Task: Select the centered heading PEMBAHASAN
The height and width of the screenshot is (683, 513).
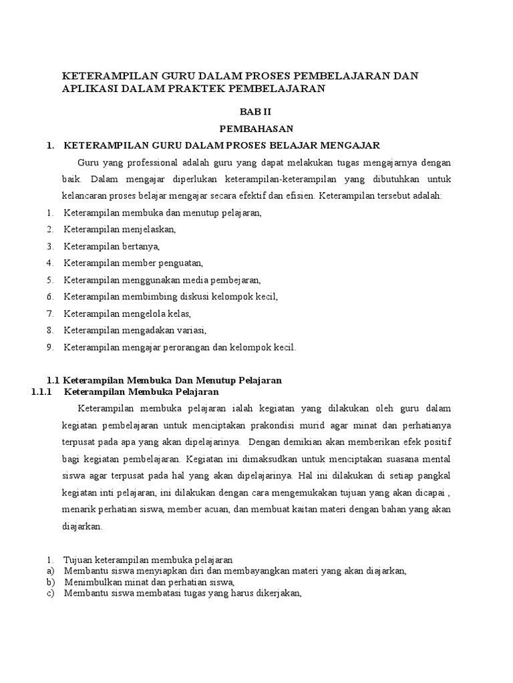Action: [256, 128]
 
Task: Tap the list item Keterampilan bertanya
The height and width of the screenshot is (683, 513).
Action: [112, 246]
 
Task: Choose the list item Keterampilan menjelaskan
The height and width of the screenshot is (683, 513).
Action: [120, 229]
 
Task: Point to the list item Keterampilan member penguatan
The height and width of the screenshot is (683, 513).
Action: [133, 263]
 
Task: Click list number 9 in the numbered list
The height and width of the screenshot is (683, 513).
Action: [50, 347]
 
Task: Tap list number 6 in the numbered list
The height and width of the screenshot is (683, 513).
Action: [50, 297]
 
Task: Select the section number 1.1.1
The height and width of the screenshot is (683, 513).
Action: [41, 392]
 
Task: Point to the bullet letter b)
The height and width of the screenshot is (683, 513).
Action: [50, 582]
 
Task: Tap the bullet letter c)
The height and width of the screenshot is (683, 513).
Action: [50, 594]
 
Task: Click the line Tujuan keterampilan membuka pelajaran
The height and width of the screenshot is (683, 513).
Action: [148, 560]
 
